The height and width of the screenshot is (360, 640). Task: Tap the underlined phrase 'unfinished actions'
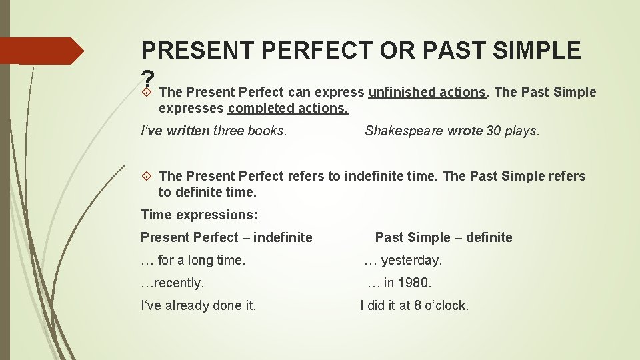click(427, 92)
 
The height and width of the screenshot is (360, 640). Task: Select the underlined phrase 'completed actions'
click(288, 108)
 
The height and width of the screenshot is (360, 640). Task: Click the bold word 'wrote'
click(465, 131)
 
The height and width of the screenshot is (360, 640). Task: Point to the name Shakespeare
click(404, 131)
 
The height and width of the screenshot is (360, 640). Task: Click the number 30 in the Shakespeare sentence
click(494, 131)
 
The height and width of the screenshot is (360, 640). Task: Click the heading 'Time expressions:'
click(199, 215)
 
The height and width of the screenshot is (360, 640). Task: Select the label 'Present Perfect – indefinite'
click(226, 237)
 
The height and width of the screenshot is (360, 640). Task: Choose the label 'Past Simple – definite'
click(443, 237)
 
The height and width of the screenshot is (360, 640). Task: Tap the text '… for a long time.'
click(193, 260)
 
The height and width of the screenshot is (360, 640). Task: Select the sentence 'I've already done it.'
click(199, 305)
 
